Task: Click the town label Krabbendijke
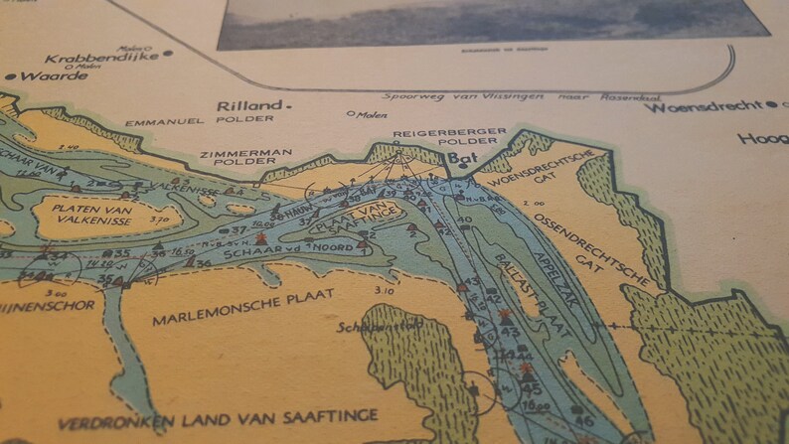coord(84,58)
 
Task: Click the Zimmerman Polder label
coord(258,158)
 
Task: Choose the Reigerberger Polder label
coord(450,137)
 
